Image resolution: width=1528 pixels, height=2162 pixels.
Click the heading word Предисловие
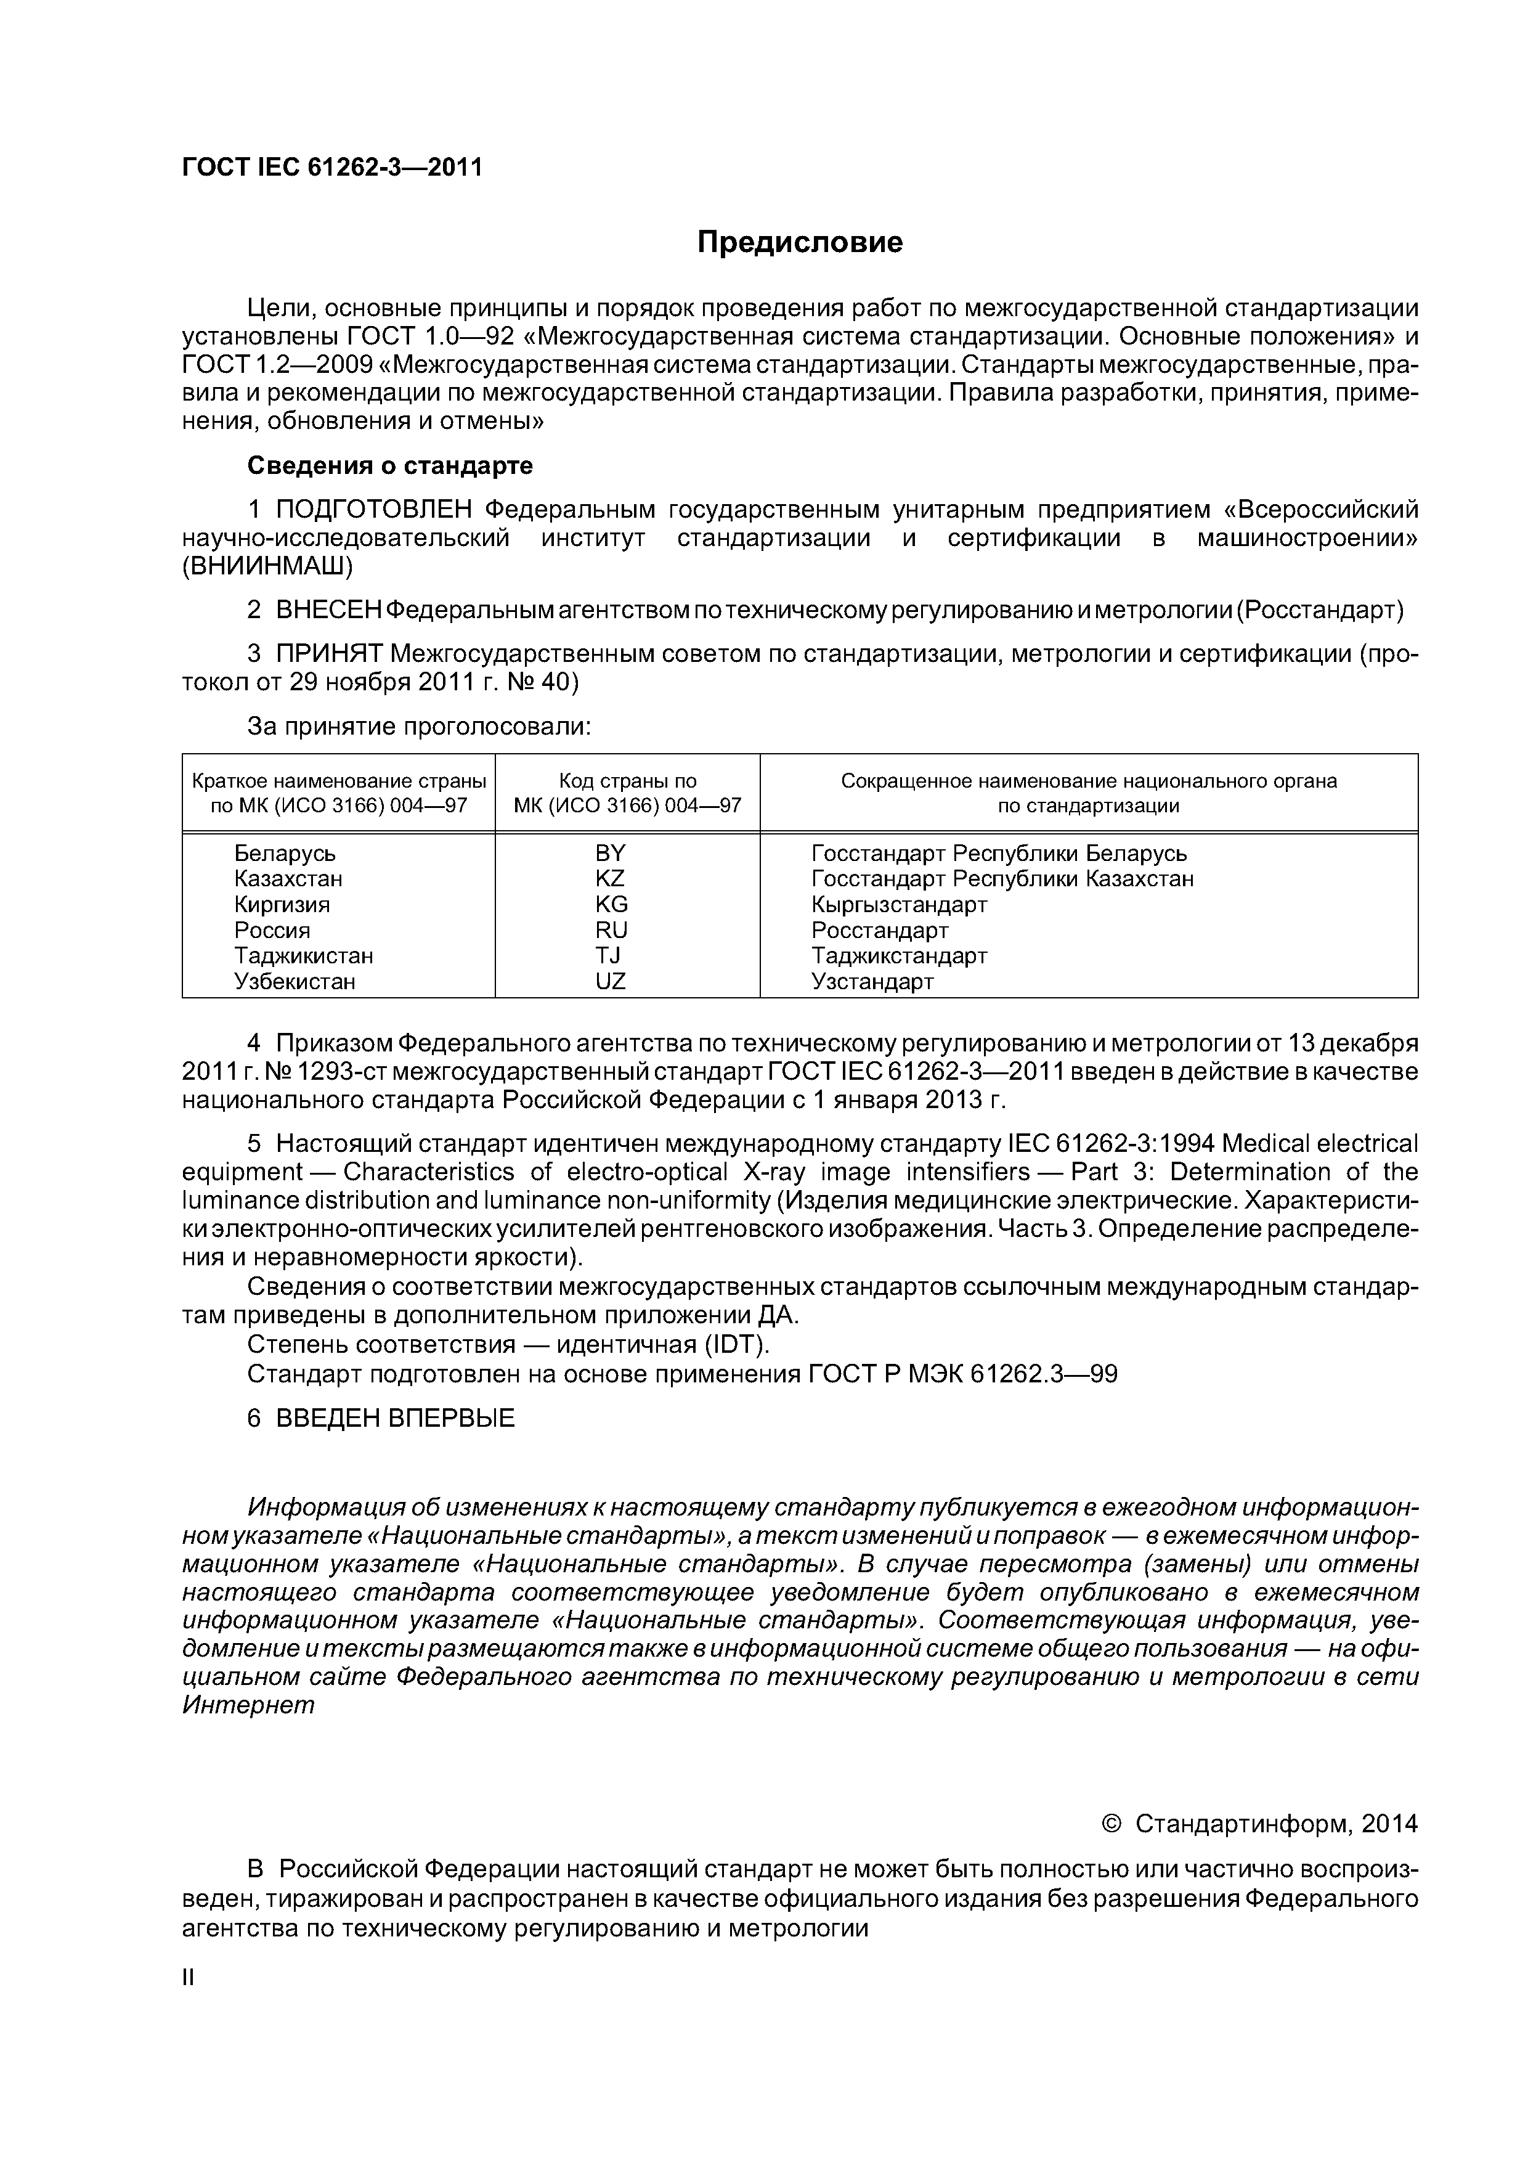[799, 243]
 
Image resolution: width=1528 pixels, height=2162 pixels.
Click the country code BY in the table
[610, 853]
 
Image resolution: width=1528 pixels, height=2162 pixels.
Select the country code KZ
[610, 879]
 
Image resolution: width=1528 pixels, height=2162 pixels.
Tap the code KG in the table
[611, 905]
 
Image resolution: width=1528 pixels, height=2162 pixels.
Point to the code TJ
[608, 956]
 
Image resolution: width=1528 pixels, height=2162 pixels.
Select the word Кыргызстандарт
[899, 905]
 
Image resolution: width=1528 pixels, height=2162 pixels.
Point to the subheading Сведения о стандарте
[390, 466]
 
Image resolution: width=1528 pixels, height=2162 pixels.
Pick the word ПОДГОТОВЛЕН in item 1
[374, 510]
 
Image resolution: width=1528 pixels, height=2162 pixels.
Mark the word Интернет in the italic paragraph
[248, 1705]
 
